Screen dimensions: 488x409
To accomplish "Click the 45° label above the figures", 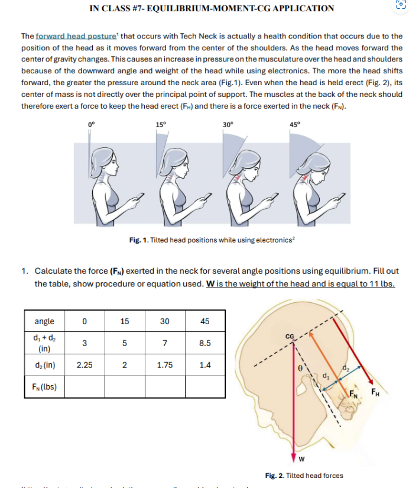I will pos(295,125).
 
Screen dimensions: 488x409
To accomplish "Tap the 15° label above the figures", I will pos(161,125).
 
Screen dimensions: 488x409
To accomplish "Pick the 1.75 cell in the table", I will pos(165,365).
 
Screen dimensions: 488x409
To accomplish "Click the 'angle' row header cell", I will pos(44,321).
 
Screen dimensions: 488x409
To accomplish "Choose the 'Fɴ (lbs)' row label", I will pos(44,387).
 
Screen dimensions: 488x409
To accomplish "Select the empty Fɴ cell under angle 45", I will pos(205,387).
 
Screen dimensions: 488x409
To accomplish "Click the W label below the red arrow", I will pos(301,459).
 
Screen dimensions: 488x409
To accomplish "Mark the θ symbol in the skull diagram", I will pos(300,367).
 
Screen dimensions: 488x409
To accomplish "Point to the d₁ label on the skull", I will pos(324,374).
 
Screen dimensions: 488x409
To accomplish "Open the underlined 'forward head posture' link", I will pos(66,37).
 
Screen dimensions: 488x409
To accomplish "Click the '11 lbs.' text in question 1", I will pos(382,283).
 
